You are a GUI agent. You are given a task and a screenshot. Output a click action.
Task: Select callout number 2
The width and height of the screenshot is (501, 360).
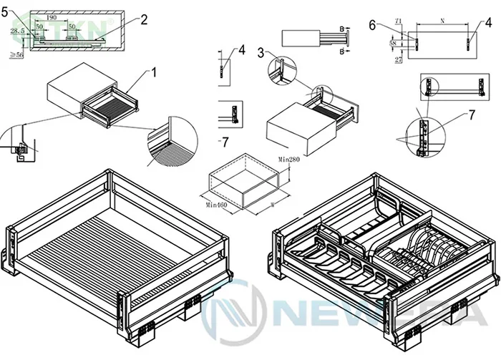point(144,19)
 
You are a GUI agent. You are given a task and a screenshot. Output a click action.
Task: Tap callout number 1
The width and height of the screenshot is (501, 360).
point(152,72)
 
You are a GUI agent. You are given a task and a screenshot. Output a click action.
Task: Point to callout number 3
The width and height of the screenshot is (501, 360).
point(261,52)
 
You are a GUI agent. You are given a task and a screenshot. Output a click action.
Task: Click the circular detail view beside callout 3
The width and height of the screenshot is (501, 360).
point(280,69)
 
